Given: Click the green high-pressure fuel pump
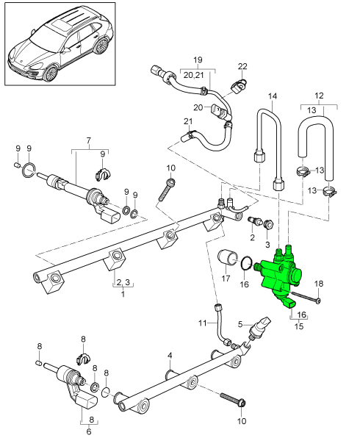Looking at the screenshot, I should (x=287, y=279).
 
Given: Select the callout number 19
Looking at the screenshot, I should (x=197, y=60).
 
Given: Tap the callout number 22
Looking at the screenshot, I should (x=242, y=67).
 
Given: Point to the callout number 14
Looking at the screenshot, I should (x=273, y=97).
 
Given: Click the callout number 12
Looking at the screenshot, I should (x=318, y=96).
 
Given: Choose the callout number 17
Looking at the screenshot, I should (x=226, y=279).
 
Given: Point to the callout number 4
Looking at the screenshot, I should (x=169, y=355).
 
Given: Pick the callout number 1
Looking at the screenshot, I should (x=123, y=294).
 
